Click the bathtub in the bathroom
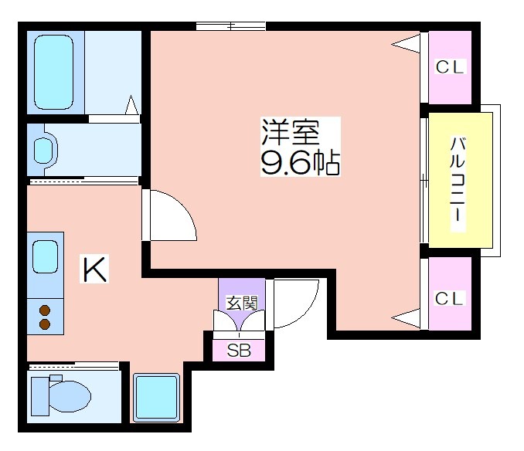(x=53, y=72)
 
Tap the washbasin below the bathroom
(x=43, y=151)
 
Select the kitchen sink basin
(x=45, y=256)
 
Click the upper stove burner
(x=45, y=310)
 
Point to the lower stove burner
(x=45, y=324)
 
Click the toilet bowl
(x=70, y=396)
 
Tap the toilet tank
(x=40, y=396)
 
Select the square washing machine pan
(x=157, y=397)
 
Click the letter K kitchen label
(x=94, y=269)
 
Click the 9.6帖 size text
(x=301, y=163)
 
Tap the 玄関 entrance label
(x=242, y=303)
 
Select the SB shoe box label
(x=239, y=350)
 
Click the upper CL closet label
(x=450, y=66)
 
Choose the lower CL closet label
(x=450, y=298)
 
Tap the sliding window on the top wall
(x=230, y=25)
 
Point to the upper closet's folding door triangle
(x=406, y=43)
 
